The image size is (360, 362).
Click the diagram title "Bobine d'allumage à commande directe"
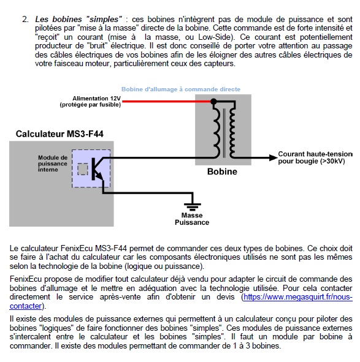tap(180, 89)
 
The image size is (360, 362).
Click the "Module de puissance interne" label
tap(52, 163)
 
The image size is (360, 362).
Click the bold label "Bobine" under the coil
tap(221, 172)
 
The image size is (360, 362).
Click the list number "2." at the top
tap(25, 20)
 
